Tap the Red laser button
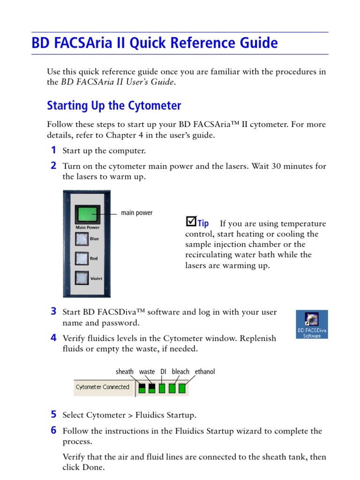[82, 258]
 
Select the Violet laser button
[82, 278]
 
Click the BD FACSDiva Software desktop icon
[312, 324]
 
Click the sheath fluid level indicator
[142, 388]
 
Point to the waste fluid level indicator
[152, 388]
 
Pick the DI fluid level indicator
[162, 388]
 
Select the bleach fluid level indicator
[172, 388]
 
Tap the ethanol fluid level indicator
[182, 388]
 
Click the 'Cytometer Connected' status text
[102, 387]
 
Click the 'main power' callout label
[136, 213]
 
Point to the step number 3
[54, 311]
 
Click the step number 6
[54, 430]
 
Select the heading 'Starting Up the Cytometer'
[114, 105]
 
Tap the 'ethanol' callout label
[205, 372]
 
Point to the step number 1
[54, 150]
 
